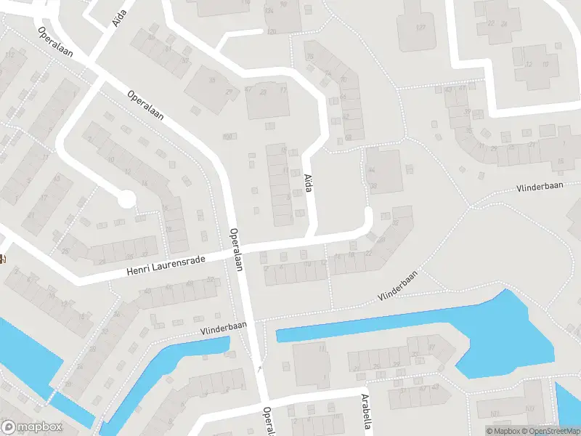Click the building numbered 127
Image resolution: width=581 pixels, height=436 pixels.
420,27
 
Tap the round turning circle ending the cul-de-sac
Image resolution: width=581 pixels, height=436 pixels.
127,198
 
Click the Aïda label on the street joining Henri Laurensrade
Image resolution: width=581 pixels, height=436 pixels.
309,183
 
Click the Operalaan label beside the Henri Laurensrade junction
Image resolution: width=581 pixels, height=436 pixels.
235,250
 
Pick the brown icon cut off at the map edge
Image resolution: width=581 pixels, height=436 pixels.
3,259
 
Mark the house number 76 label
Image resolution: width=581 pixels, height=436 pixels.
310,57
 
